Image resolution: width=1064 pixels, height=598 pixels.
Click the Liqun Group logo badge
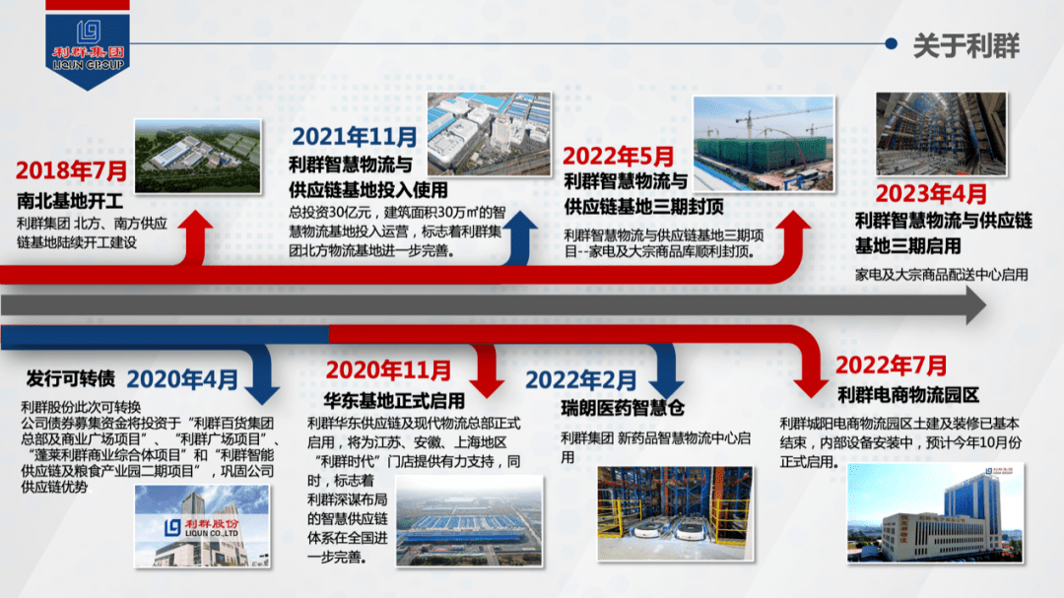click(88, 45)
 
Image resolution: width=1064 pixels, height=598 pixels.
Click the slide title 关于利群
click(966, 45)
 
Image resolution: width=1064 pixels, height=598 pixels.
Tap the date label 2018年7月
click(71, 170)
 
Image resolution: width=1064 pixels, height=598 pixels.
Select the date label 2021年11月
click(355, 137)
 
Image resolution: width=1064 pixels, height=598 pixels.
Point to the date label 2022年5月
click(618, 157)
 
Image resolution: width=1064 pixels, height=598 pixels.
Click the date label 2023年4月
click(931, 194)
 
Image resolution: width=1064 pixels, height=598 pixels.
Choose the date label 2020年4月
click(182, 379)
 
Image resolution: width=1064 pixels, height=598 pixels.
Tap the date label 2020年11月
click(388, 370)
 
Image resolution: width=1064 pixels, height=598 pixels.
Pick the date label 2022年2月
click(581, 380)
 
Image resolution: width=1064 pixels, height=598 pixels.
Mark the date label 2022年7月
click(891, 365)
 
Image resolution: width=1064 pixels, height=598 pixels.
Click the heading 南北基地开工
click(70, 201)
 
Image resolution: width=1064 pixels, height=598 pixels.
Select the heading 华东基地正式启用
click(394, 401)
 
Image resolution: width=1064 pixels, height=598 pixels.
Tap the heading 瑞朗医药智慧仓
click(623, 408)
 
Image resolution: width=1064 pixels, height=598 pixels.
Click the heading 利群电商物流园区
click(908, 395)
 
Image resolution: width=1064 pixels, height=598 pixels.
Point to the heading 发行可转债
click(71, 378)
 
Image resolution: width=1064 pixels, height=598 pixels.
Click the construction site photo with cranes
click(764, 143)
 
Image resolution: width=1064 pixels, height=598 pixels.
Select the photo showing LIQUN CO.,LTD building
click(202, 526)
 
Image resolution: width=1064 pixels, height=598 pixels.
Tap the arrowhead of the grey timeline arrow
click(976, 305)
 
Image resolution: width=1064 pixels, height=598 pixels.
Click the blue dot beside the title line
click(891, 44)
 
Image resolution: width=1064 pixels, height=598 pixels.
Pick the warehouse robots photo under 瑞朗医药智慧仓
click(675, 513)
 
